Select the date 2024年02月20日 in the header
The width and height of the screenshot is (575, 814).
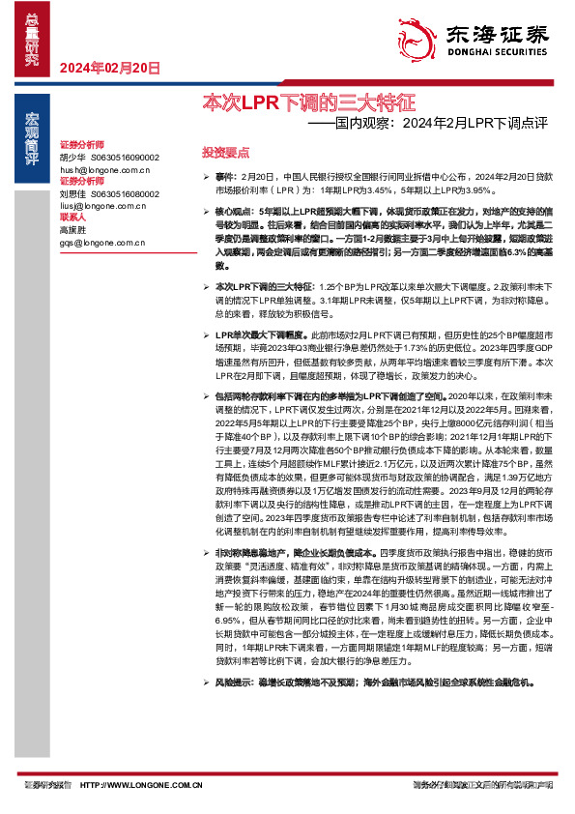tap(109, 68)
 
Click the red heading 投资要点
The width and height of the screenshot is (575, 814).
tap(225, 153)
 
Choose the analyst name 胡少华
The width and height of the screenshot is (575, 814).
tap(72, 157)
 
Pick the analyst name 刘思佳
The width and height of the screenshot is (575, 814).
tap(72, 193)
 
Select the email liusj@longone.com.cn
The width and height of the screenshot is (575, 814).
tap(99, 205)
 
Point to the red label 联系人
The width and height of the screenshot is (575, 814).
tap(72, 218)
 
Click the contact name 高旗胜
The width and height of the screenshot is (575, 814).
tap(72, 230)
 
